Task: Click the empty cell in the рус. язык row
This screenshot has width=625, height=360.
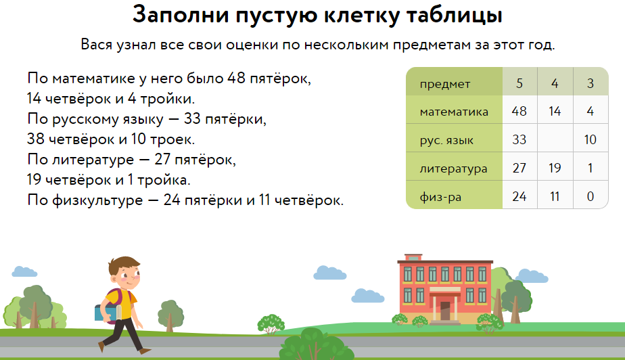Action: pos(555,138)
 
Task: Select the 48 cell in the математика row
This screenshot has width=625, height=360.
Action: pos(519,110)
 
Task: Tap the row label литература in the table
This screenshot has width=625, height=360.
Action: pos(454,168)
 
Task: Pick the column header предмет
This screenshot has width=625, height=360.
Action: pos(445,84)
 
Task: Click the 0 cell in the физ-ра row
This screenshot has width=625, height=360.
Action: pos(591,196)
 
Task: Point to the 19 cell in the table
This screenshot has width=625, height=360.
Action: pos(555,167)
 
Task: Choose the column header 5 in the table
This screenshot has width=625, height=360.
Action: pos(519,83)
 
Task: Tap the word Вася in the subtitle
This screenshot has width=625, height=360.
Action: pos(97,44)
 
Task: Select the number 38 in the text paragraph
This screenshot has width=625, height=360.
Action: pos(35,139)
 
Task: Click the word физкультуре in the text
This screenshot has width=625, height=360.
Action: pos(97,200)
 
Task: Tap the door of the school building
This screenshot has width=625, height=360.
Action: pos(445,311)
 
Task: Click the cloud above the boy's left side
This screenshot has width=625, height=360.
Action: pos(24,271)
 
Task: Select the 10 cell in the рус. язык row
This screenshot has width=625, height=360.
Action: pos(591,139)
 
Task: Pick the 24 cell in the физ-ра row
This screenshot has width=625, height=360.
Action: pos(519,196)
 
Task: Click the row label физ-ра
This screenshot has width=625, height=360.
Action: pos(440,197)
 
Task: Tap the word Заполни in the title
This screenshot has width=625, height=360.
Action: pos(181,15)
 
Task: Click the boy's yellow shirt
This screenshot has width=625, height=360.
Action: pos(120,304)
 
